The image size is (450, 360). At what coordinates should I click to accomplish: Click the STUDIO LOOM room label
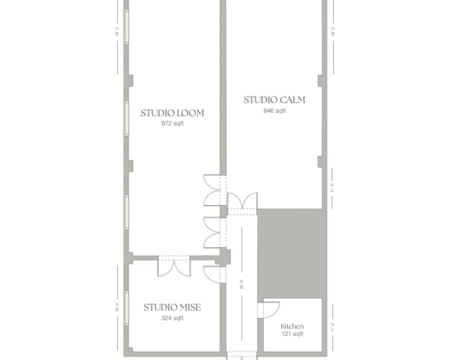point(172,113)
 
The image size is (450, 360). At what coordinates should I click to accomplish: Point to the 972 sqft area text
point(172,124)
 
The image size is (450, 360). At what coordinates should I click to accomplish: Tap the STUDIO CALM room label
point(274,100)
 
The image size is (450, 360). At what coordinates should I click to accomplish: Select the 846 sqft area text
point(274,111)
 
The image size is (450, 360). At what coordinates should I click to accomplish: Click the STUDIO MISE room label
point(172,307)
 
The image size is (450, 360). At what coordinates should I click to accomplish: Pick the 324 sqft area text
point(172,318)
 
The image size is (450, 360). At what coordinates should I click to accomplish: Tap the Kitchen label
point(291,326)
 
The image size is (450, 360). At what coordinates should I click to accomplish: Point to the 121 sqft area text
point(291,334)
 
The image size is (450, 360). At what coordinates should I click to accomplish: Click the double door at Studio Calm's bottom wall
point(242,201)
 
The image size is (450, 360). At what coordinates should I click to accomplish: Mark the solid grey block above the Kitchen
point(291,253)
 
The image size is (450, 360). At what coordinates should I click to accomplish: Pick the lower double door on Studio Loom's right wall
point(212,232)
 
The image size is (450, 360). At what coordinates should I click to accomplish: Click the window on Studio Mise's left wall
point(127,305)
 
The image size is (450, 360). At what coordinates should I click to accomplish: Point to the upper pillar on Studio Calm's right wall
point(321,80)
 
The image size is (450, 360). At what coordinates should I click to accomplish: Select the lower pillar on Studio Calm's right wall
point(321,162)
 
